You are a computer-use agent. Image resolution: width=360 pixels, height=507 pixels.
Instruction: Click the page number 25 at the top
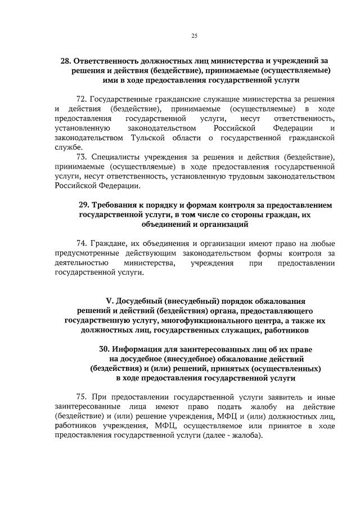pos(194,35)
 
